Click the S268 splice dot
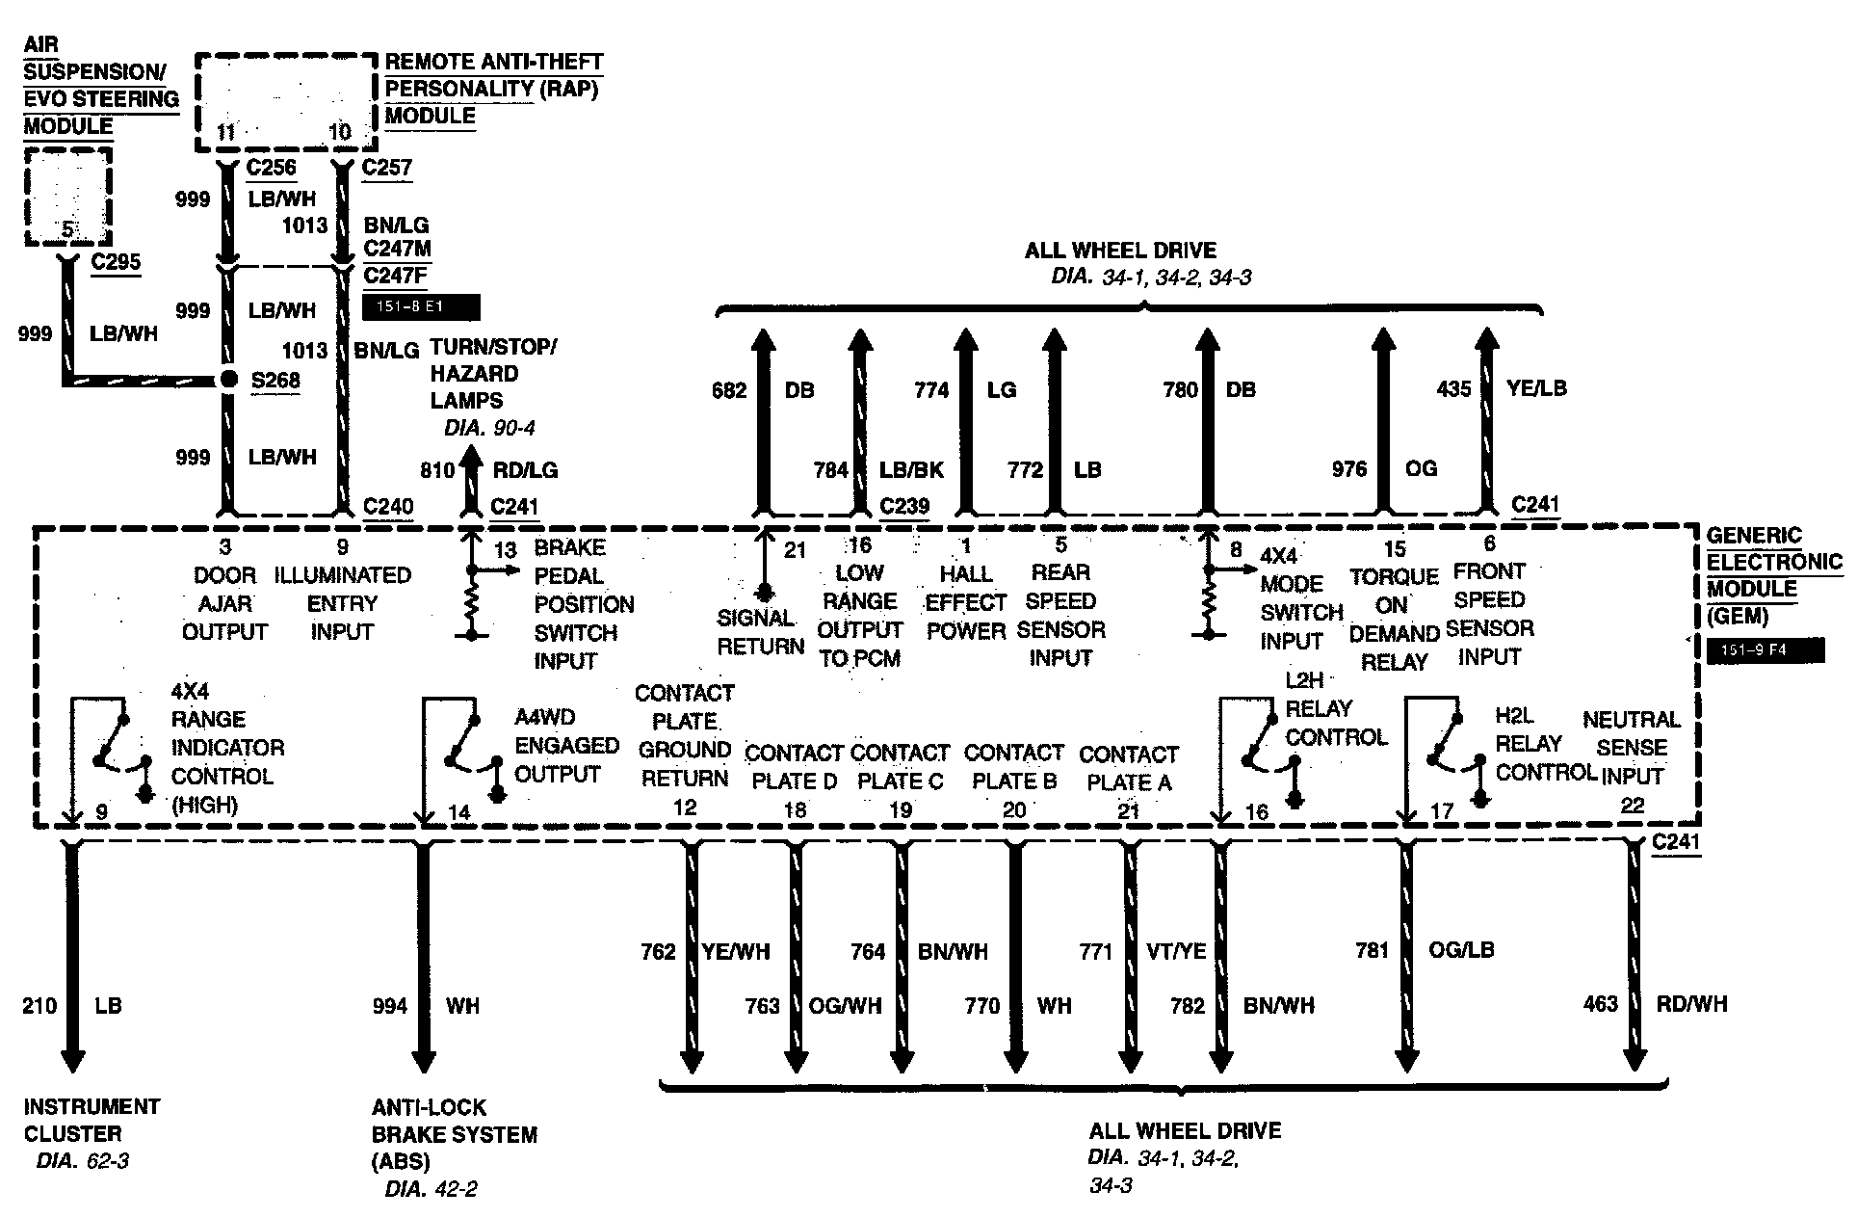228,380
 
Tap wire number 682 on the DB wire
729,390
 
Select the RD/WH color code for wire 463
1691,1004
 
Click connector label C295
116,262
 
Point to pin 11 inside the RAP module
226,132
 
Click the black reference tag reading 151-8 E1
421,308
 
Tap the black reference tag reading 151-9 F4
1765,650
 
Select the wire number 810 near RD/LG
436,470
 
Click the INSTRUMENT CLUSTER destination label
92,1120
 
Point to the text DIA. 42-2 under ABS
431,1189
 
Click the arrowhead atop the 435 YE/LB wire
1487,339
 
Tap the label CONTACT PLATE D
794,767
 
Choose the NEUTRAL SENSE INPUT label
1632,747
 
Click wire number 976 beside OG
1348,469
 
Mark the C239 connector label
904,506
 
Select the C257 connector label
386,168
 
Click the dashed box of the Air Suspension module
68,198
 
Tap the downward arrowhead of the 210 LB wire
72,1060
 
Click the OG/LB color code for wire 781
1461,950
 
